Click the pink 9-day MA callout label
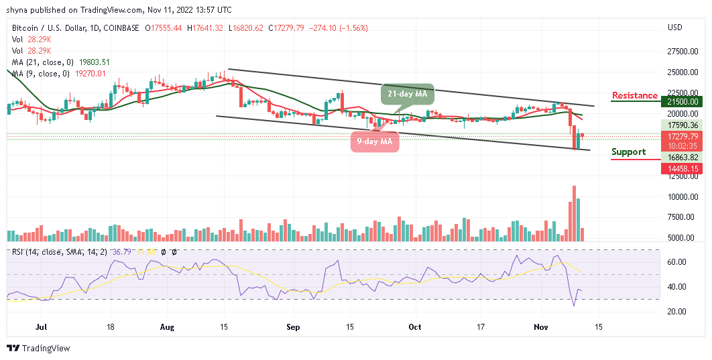[x=375, y=141]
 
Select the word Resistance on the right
[x=634, y=96]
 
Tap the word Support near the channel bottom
[x=628, y=152]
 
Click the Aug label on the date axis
[x=168, y=327]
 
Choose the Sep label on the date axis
[x=292, y=327]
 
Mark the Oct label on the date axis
[x=416, y=327]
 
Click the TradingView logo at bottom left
[x=38, y=349]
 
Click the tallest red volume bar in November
[x=574, y=213]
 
